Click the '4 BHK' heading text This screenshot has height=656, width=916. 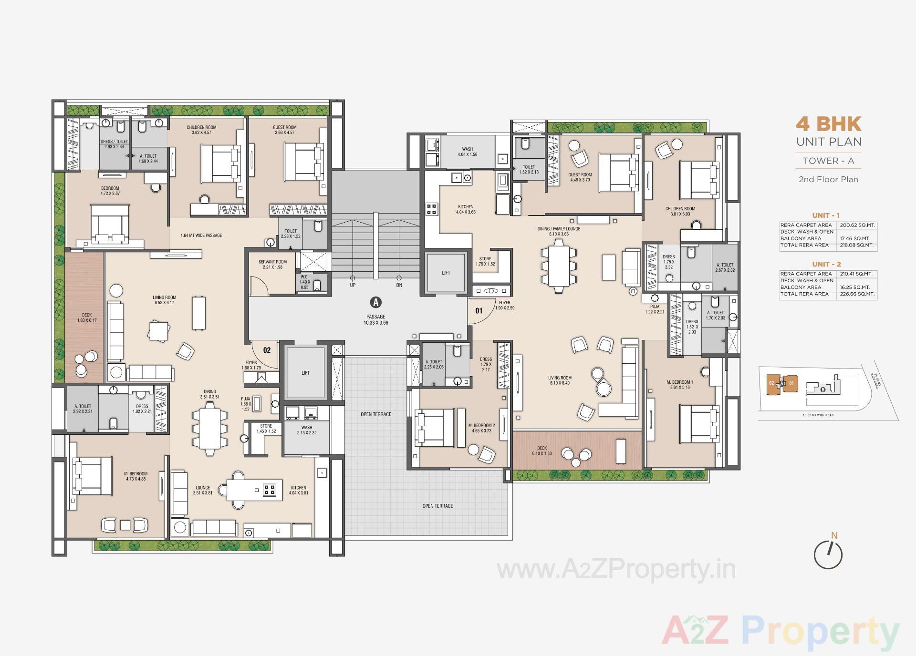click(x=828, y=124)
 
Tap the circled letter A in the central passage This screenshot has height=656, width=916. click(x=376, y=302)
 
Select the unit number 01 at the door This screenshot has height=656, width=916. click(x=479, y=311)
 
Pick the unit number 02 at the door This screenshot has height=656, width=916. click(x=267, y=350)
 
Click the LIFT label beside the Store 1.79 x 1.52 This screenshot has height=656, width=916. click(x=446, y=273)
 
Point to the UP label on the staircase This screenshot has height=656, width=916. click(x=353, y=285)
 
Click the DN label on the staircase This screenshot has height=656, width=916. click(x=399, y=285)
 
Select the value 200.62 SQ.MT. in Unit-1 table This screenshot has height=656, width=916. click(x=857, y=225)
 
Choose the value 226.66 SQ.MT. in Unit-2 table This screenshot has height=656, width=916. click(x=857, y=294)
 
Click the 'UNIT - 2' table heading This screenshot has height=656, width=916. click(x=826, y=264)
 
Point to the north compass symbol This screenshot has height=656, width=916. click(x=828, y=554)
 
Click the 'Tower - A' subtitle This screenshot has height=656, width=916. click(x=828, y=161)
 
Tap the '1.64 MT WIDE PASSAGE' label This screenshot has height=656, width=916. click(x=201, y=236)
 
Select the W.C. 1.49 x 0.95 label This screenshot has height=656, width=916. click(x=304, y=282)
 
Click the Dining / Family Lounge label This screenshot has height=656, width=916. click(x=559, y=231)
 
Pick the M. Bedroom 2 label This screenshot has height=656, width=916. click(x=481, y=428)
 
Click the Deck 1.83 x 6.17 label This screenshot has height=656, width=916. click(x=86, y=318)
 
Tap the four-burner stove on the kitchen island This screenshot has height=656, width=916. click(x=270, y=489)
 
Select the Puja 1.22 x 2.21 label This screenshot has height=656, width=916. click(x=655, y=309)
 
